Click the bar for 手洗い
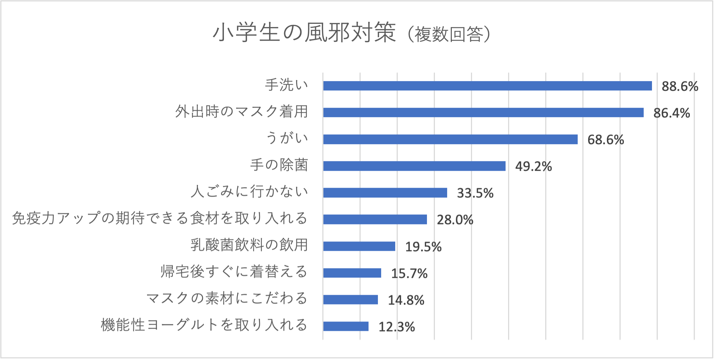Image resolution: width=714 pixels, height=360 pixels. tap(487, 86)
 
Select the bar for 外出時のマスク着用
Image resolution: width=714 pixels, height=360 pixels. tap(483, 112)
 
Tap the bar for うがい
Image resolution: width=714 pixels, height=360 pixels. tap(450, 139)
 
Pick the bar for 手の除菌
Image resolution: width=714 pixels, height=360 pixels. tap(414, 166)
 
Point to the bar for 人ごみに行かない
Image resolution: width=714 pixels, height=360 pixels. tap(385, 192)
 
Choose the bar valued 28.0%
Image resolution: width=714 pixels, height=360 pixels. tap(375, 219)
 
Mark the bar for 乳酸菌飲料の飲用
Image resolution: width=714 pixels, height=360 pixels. tap(359, 246)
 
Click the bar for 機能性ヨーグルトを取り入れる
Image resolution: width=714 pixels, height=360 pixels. tap(345, 326)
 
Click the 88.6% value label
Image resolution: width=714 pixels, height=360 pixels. tap(680, 86)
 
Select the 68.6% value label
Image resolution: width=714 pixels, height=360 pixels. tap(605, 140)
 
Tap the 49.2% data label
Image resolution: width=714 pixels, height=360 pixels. tap(533, 166)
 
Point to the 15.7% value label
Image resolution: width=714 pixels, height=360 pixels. tap(409, 274)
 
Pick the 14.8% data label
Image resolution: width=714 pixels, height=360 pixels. tap(406, 300)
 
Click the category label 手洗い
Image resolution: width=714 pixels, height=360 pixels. tap(287, 85)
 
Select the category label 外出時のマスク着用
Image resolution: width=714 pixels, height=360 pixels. tap(242, 112)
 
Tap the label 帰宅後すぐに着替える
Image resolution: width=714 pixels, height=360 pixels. tap(234, 272)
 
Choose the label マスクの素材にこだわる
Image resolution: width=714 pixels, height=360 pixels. tap(227, 298)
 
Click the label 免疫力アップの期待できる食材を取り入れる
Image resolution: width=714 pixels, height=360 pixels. tap(160, 218)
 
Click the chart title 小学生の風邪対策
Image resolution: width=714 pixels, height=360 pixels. tap(304, 33)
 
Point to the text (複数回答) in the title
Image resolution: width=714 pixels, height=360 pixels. tap(449, 34)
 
